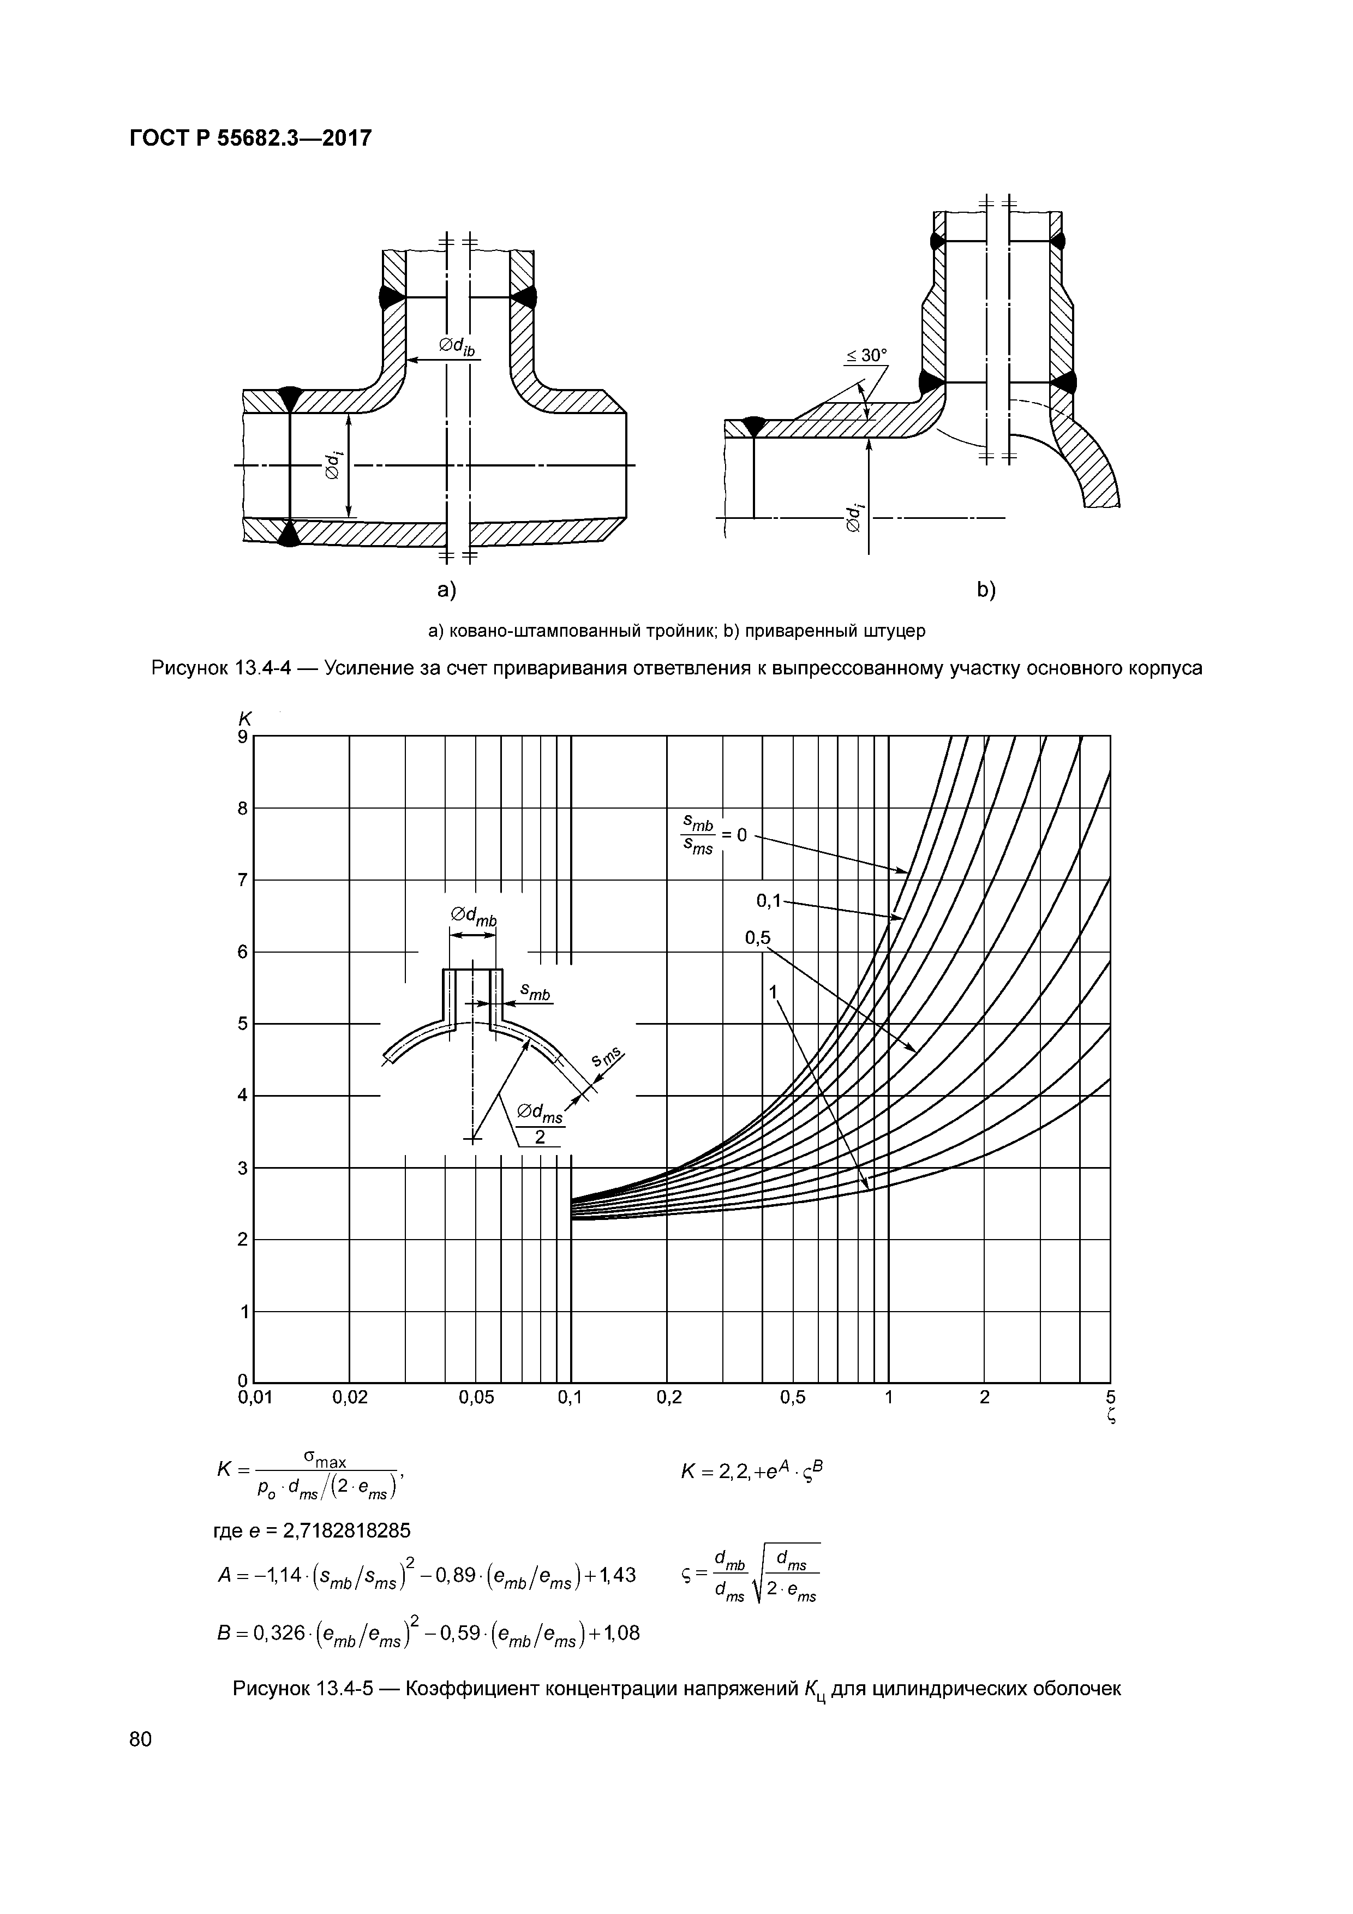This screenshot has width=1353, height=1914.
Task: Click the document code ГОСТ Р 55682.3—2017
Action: pos(250,137)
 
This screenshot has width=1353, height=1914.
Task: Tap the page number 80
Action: pos(141,1738)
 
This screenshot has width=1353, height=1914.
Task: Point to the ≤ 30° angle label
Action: pos(867,355)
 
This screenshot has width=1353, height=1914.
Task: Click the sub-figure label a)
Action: pos(448,590)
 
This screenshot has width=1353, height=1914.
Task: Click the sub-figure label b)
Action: pos(986,590)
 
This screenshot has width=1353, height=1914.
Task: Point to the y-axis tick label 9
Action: pos(243,737)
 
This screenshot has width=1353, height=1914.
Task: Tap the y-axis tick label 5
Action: pos(243,1024)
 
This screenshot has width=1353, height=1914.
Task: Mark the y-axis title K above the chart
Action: pos(245,719)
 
